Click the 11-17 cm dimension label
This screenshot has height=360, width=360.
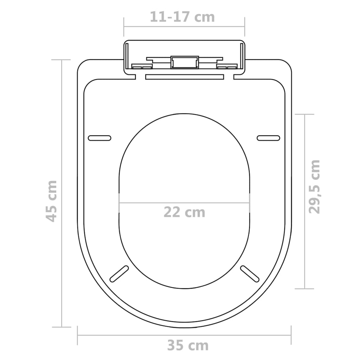point(182,17)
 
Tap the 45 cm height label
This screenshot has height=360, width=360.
point(52,201)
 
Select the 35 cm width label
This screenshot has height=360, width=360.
point(187,346)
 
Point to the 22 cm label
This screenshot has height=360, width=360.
point(184,212)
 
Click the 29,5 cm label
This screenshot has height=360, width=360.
point(315,186)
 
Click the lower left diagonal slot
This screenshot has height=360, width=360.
point(119,274)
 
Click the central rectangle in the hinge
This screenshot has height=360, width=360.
point(184,62)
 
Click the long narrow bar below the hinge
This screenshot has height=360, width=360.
point(184,76)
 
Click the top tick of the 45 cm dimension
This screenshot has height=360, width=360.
point(62,60)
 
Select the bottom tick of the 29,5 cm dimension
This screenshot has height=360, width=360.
point(304,289)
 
